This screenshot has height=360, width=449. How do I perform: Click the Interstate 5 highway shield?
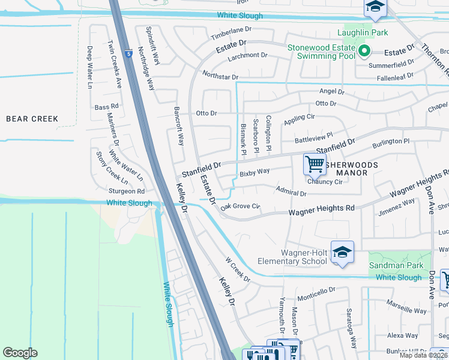pyautogui.click(x=129, y=54)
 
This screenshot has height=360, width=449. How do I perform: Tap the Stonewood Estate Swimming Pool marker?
pyautogui.click(x=364, y=52)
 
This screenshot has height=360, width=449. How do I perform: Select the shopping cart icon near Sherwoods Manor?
pyautogui.click(x=315, y=163)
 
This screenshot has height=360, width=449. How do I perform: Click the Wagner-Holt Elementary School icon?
pyautogui.click(x=342, y=252)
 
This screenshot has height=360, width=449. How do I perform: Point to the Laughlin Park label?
pyautogui.click(x=363, y=32)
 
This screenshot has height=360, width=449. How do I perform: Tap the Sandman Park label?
pyautogui.click(x=400, y=265)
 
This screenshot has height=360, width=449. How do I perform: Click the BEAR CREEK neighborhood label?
pyautogui.click(x=32, y=119)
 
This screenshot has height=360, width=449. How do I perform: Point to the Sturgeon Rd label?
pyautogui.click(x=127, y=191)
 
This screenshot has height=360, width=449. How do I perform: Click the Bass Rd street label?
pyautogui.click(x=107, y=107)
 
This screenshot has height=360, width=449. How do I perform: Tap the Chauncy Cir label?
pyautogui.click(x=325, y=182)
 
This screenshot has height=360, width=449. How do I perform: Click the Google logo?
pyautogui.click(x=20, y=353)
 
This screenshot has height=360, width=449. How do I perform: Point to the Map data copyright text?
pyautogui.click(x=423, y=355)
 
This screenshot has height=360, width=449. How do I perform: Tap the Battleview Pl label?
pyautogui.click(x=313, y=137)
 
